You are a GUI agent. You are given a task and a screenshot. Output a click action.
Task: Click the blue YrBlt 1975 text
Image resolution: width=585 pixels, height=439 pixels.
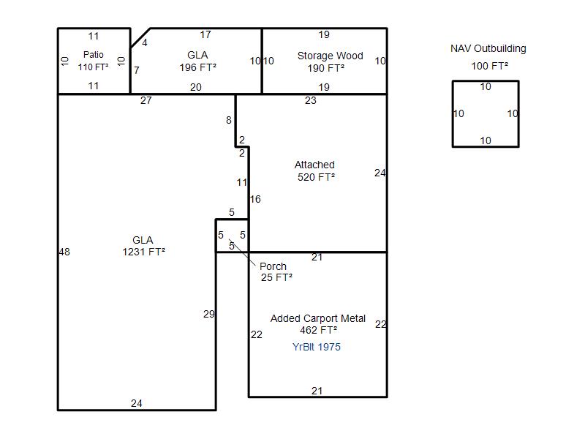tap(317, 347)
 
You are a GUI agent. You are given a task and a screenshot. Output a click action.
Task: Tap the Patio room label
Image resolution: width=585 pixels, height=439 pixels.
tap(94, 54)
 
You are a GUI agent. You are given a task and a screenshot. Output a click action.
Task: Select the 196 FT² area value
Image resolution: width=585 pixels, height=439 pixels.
tap(197, 67)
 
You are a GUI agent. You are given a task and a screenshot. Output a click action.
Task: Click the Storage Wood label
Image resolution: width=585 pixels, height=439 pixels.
tap(331, 56)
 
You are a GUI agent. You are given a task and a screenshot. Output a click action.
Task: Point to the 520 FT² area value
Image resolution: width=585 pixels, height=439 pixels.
tap(316, 177)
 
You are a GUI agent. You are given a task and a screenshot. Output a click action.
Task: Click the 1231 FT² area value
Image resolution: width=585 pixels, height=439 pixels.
tap(143, 252)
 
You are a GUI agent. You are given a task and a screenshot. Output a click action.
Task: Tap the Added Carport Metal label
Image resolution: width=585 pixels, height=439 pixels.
tap(318, 318)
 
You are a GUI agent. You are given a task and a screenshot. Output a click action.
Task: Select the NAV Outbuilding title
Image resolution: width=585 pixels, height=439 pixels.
tap(488, 48)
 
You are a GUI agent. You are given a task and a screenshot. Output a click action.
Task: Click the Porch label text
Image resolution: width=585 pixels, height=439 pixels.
tap(273, 266)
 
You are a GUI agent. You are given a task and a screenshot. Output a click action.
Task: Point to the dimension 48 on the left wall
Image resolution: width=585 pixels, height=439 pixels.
tap(64, 252)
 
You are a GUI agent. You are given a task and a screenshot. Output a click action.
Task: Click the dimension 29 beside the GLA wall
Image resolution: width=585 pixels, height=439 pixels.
tap(209, 314)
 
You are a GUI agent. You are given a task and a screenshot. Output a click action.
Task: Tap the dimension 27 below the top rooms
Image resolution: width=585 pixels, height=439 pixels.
tap(146, 100)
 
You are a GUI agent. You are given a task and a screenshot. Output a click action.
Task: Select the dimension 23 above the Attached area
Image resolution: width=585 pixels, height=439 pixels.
tap(310, 100)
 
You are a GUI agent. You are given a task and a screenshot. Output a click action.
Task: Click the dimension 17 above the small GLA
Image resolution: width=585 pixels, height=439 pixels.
tap(205, 34)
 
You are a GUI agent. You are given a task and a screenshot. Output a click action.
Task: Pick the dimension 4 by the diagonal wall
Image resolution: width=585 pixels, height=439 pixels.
tap(144, 42)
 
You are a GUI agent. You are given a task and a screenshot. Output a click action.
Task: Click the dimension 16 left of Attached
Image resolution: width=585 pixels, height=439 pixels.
tap(255, 199)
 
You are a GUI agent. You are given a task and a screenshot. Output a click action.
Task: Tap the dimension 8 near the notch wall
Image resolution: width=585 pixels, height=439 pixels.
tap(229, 120)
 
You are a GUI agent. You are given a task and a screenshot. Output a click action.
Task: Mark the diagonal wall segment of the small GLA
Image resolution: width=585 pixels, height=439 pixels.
tap(140, 38)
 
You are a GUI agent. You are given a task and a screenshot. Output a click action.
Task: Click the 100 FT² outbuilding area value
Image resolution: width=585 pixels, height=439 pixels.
tap(489, 66)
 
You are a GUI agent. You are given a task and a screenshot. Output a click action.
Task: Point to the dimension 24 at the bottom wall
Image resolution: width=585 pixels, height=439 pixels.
tap(137, 403)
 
